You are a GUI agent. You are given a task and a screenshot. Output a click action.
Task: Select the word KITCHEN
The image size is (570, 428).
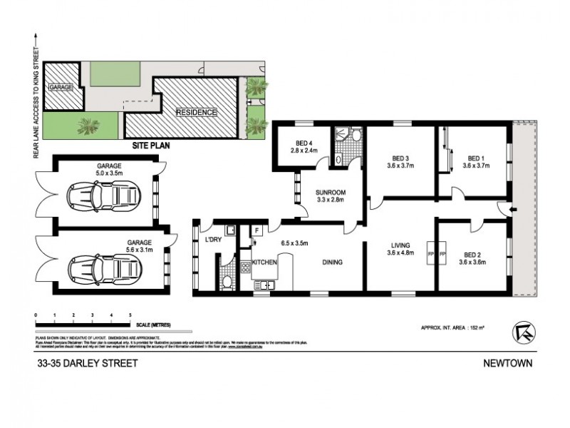click(x=264, y=263)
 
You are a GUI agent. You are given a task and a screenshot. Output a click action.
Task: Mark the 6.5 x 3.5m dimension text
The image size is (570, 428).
click(x=294, y=243)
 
